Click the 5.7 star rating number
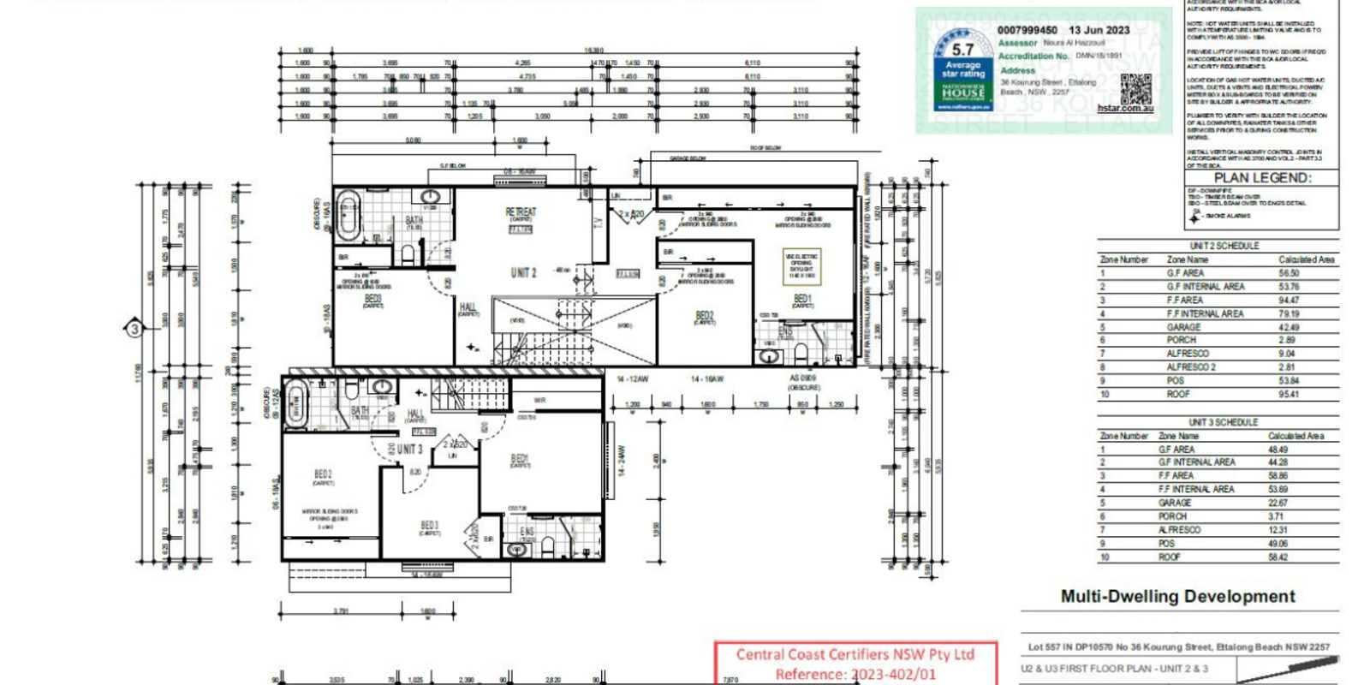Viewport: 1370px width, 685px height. click(962, 50)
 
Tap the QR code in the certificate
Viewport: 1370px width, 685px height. click(1135, 88)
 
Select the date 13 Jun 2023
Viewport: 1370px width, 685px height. click(1099, 30)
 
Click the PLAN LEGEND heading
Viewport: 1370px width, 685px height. click(1262, 178)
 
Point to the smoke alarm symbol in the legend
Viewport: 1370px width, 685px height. click(1195, 217)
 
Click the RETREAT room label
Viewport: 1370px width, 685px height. click(521, 211)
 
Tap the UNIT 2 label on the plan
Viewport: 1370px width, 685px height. click(523, 273)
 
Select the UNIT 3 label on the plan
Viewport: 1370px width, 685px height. click(409, 449)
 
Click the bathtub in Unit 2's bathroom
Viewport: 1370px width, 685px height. click(348, 217)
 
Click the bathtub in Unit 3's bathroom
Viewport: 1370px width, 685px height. click(296, 402)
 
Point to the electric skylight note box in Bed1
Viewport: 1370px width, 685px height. click(802, 265)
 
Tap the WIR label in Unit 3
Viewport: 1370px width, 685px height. click(539, 400)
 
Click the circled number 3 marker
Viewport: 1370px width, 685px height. click(134, 328)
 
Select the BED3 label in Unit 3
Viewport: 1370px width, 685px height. click(430, 525)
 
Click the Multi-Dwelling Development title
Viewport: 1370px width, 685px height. click(1177, 597)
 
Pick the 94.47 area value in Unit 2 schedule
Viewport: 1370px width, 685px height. click(1288, 301)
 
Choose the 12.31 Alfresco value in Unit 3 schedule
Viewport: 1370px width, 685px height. click(1277, 530)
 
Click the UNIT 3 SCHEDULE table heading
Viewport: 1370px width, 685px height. click(1223, 422)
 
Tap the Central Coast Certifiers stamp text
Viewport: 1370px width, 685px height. click(855, 655)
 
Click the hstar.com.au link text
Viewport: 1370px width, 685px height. click(1125, 109)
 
